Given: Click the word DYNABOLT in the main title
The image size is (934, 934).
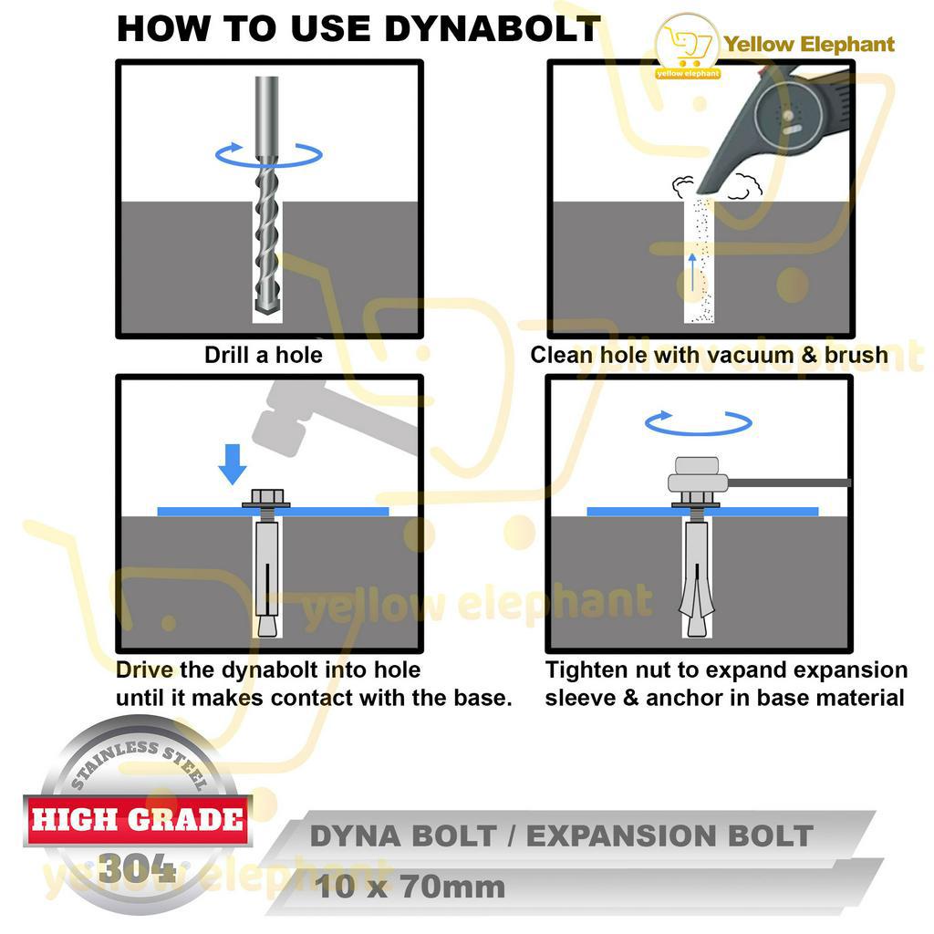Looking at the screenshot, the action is (492, 28).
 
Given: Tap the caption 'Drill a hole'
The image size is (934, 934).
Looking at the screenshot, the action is (264, 355).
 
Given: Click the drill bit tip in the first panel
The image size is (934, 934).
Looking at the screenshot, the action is (267, 306).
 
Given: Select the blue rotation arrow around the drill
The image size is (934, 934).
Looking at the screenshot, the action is (269, 154).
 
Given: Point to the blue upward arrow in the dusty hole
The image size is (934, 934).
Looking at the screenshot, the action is (691, 272).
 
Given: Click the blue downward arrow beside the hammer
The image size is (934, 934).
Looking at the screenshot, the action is (233, 464).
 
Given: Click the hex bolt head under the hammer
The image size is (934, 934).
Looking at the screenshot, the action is (266, 497).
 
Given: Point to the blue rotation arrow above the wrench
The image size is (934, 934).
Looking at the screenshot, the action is (698, 422).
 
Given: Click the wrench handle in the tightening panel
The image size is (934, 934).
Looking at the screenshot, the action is (789, 483).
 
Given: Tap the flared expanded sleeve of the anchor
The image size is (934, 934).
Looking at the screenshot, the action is (696, 596).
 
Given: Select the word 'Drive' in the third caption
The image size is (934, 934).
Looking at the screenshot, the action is (144, 670).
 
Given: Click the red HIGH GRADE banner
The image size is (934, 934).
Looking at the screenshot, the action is (138, 820).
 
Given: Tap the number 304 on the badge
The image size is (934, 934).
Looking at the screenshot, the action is (137, 868).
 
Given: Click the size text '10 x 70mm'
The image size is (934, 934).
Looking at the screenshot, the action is (410, 887).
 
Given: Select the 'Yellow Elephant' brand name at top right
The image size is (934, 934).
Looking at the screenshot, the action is (809, 44).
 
